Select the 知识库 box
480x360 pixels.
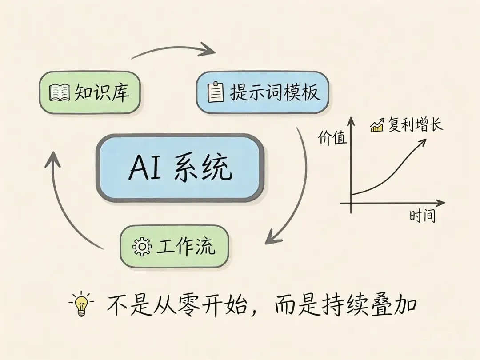(x=90, y=92)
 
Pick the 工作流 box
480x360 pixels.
(x=174, y=246)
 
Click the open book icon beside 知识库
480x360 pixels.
(x=60, y=93)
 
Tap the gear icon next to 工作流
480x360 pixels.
(x=142, y=247)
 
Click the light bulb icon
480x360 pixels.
(x=81, y=304)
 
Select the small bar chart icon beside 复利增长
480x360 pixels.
(x=377, y=126)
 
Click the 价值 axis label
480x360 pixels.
(x=332, y=138)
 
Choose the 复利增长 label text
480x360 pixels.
(x=416, y=125)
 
